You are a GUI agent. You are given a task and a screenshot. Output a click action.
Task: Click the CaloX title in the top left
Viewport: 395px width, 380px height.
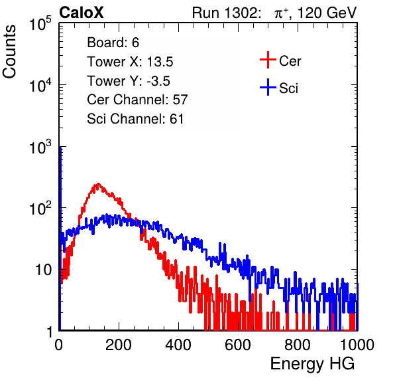coord(82,13)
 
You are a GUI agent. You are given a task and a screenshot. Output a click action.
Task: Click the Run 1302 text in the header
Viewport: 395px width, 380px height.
coord(226,13)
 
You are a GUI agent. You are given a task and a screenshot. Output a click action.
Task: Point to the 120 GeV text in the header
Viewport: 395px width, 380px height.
coord(327,13)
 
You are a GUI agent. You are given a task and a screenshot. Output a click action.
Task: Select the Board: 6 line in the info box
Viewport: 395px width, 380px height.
coord(113,43)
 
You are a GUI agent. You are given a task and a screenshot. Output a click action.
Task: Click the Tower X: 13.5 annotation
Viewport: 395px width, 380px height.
coord(130,62)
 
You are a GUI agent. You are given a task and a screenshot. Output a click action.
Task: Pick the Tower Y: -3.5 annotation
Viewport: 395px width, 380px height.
coord(129,81)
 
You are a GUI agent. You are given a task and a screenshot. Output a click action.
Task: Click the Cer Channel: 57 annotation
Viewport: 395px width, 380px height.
coord(137,100)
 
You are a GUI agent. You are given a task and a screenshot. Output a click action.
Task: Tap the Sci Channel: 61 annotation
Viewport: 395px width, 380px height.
coord(135,119)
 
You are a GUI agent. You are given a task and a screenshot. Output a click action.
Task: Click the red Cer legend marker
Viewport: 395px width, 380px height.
coord(268,60)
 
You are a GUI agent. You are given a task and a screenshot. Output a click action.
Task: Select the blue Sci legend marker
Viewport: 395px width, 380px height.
coord(268,87)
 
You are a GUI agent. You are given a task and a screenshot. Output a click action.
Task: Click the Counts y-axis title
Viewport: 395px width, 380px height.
coord(9,51)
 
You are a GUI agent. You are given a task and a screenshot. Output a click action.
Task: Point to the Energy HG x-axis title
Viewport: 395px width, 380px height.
coord(312,364)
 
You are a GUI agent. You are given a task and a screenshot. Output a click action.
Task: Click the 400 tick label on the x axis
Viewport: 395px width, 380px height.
coord(178,345)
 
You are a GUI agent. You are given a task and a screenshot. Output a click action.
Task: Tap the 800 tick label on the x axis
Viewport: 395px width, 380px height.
coord(298,345)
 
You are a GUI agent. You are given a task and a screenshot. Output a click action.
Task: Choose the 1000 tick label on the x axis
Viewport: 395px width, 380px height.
coord(357,345)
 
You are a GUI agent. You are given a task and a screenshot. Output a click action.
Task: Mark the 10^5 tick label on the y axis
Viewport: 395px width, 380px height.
coord(40,24)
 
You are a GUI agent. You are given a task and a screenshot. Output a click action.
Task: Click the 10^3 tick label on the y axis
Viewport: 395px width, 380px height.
coord(40,147)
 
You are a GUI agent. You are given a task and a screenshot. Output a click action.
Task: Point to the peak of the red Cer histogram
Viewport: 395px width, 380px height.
coord(98,183)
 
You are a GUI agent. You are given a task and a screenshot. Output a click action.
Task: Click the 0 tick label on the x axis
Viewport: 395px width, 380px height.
coord(58,345)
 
